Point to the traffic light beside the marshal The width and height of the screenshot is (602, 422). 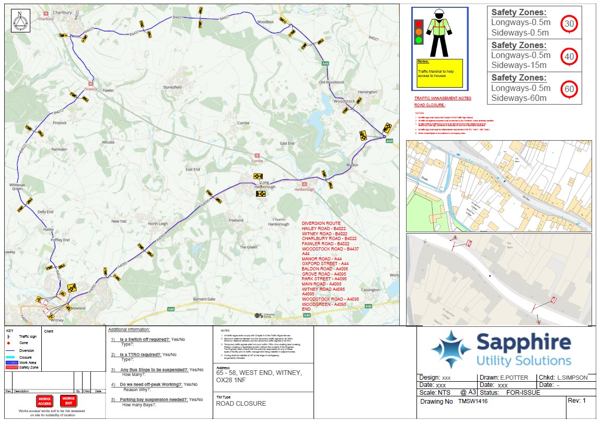click(418, 32)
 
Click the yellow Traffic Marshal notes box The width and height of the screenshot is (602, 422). click(439, 73)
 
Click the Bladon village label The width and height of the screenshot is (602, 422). click(351, 165)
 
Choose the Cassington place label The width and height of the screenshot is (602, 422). click(370, 290)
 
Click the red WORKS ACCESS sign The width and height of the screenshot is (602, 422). click(44, 401)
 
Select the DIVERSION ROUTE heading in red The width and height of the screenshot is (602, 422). click(321, 223)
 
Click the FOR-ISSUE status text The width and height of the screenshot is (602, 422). click(516, 392)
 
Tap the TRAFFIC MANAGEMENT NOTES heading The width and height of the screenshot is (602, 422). click(443, 98)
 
